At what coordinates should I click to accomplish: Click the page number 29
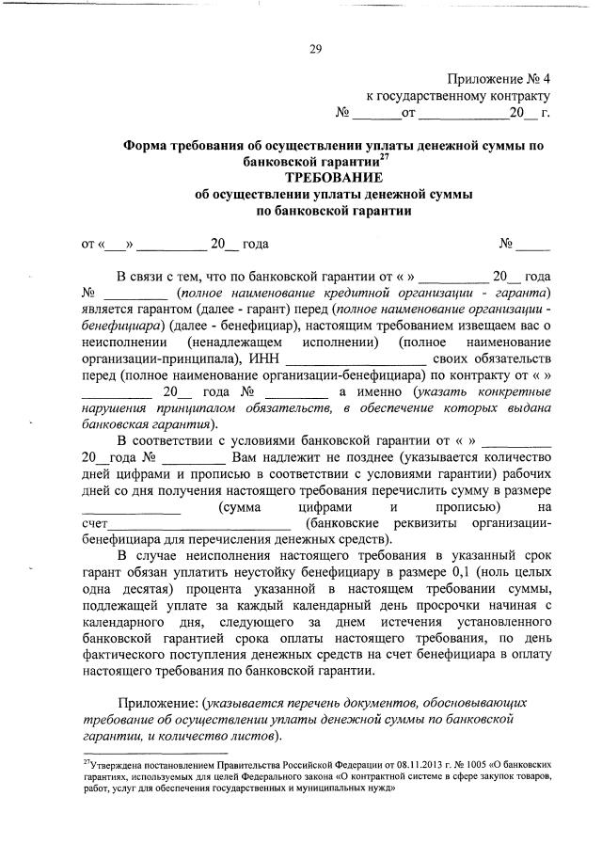point(315,50)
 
